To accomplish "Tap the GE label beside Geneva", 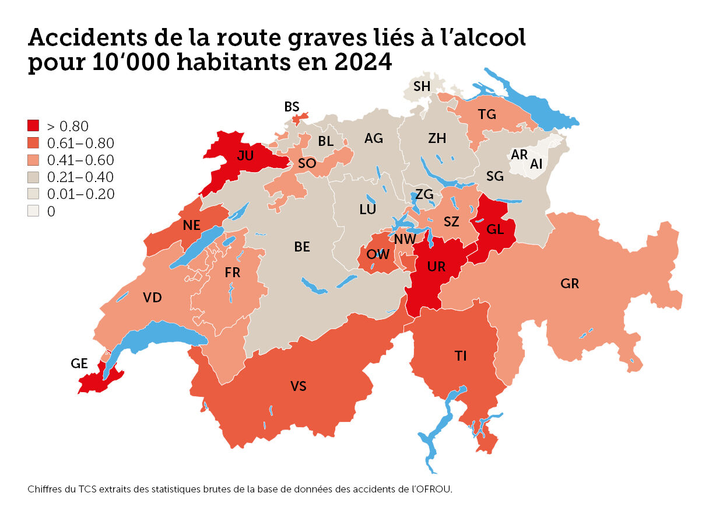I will (79, 364).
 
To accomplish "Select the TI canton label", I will (461, 356).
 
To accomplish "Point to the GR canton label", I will (570, 284).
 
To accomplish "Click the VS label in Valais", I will (299, 386).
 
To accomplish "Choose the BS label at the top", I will (292, 107).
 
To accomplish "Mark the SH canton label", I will (422, 86).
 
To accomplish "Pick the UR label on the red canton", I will (436, 267).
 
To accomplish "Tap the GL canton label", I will (495, 230).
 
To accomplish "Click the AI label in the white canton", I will (536, 165).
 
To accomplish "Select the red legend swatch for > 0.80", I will (33, 125).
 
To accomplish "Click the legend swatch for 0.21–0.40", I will (33, 177).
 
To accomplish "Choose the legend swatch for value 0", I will (33, 211).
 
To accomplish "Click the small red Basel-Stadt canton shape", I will (299, 118).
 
